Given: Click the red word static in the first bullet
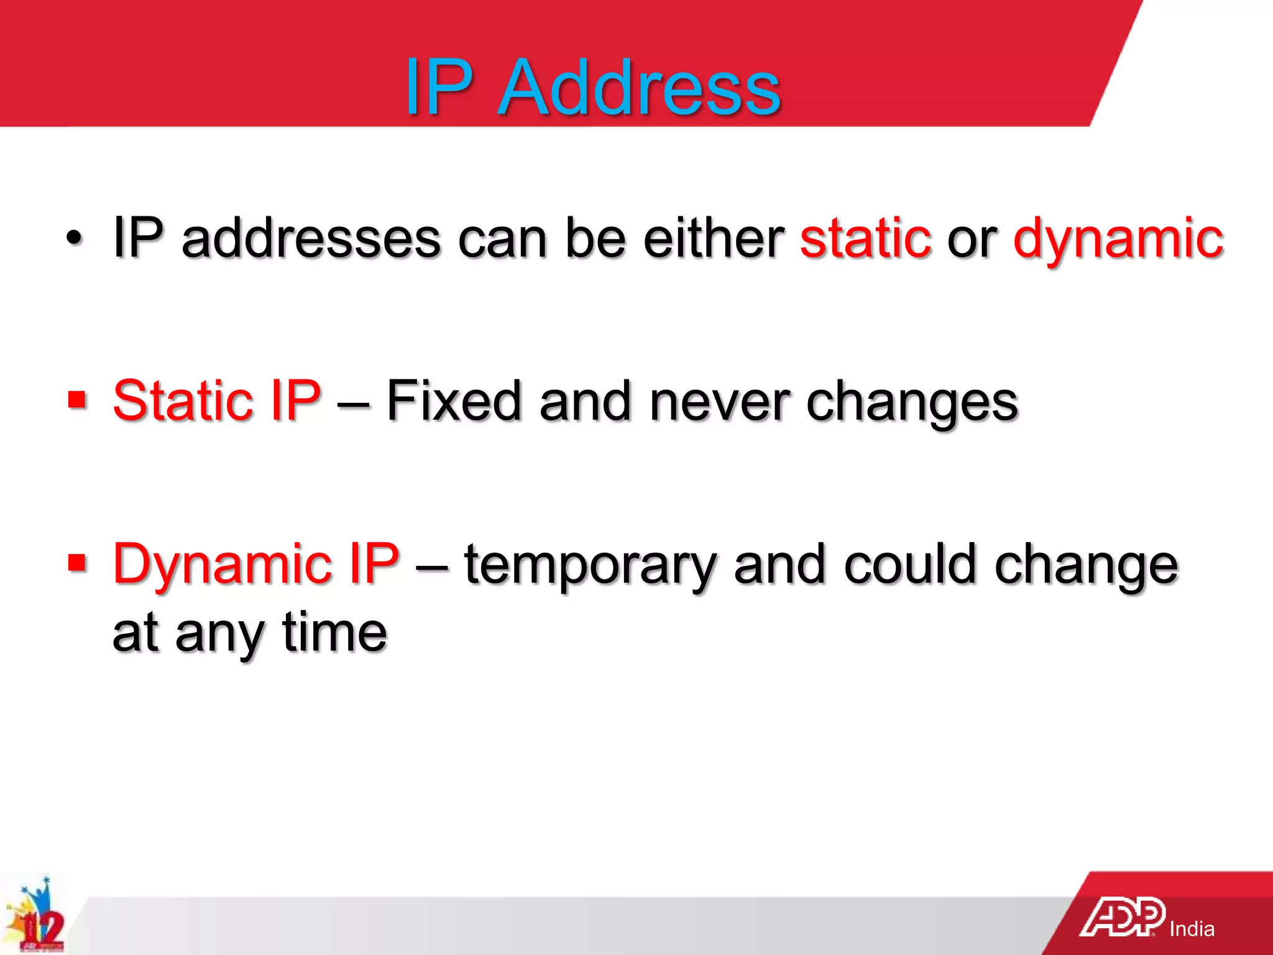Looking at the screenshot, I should (865, 238).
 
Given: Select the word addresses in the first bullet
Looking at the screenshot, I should (311, 238).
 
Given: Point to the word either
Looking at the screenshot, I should (714, 238).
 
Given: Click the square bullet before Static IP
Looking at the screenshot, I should (77, 400).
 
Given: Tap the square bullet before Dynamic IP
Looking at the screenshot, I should (77, 564).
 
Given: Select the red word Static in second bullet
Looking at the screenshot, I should (182, 401).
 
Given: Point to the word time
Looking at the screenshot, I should (334, 632).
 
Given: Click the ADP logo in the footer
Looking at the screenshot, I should (1122, 917).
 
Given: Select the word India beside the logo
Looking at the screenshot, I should (1192, 929).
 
